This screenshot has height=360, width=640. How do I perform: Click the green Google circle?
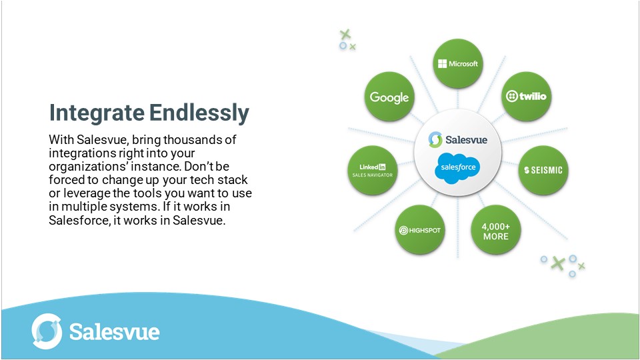[389, 97]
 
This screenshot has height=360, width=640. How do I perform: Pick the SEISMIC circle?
[543, 170]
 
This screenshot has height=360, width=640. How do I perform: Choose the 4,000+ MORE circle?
[495, 231]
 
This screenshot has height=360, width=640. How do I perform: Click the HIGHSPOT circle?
[419, 231]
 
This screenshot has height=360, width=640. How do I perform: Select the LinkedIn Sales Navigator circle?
[373, 170]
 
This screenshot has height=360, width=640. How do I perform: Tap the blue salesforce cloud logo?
[457, 167]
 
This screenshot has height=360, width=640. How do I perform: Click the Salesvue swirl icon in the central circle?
[435, 139]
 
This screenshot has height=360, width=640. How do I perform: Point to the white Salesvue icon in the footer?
[47, 331]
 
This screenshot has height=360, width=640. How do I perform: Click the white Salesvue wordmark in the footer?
[114, 331]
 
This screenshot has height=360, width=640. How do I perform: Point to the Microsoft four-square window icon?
[442, 64]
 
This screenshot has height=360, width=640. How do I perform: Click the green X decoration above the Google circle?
[345, 34]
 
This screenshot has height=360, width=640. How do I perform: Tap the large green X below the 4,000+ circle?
[558, 263]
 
